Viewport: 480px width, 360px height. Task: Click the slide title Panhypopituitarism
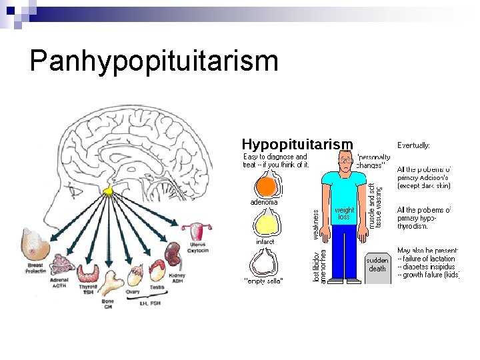(154, 61)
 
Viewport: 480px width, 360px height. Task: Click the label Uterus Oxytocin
(199, 248)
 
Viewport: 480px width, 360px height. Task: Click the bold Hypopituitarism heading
(297, 144)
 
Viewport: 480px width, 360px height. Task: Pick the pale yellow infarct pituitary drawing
(266, 223)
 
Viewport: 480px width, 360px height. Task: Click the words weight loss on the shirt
(344, 213)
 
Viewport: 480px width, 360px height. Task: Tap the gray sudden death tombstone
(377, 266)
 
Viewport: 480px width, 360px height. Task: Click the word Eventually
(413, 145)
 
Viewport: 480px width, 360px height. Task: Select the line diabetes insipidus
(427, 267)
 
